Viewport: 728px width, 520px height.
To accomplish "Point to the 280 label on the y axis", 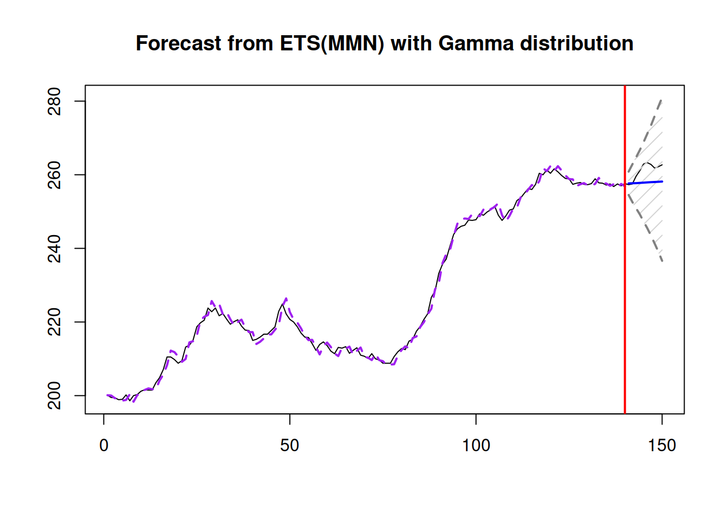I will (x=55, y=101).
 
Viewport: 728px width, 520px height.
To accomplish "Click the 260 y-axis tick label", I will (x=55, y=175).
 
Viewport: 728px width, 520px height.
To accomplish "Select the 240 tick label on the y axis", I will (x=55, y=249).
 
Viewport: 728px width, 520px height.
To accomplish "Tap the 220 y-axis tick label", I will (x=55, y=322).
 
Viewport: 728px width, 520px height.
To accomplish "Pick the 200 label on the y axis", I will (x=55, y=395).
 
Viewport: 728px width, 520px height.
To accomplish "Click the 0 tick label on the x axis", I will (x=104, y=445).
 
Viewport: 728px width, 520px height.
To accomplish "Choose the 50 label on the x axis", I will (x=290, y=445).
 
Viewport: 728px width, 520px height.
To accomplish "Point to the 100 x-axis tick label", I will (x=476, y=445).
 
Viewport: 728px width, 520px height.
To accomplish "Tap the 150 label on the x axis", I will (x=662, y=445).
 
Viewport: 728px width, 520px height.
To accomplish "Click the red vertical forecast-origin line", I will (x=625, y=271).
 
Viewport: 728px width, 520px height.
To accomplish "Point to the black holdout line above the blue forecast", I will (x=646, y=162).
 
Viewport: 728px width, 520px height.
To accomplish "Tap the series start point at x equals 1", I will (x=107, y=395).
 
